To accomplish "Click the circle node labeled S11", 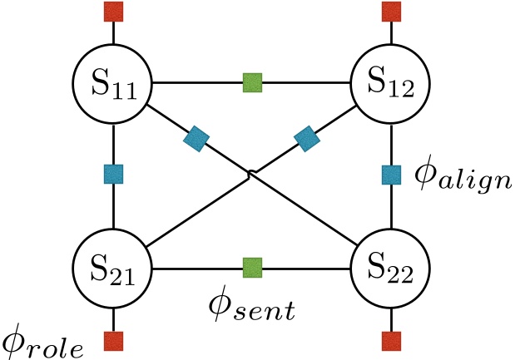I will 113,82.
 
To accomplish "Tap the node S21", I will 113,268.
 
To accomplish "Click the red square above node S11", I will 113,12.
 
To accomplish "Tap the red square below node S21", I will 113,339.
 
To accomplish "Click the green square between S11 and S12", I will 252,82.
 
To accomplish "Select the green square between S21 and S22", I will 252,268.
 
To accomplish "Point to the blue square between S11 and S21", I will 113,174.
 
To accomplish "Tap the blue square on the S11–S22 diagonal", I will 196,138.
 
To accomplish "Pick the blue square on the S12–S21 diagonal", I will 307,138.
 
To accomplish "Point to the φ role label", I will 43,341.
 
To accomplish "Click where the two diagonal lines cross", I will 252,175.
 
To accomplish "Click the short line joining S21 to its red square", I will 113,318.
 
